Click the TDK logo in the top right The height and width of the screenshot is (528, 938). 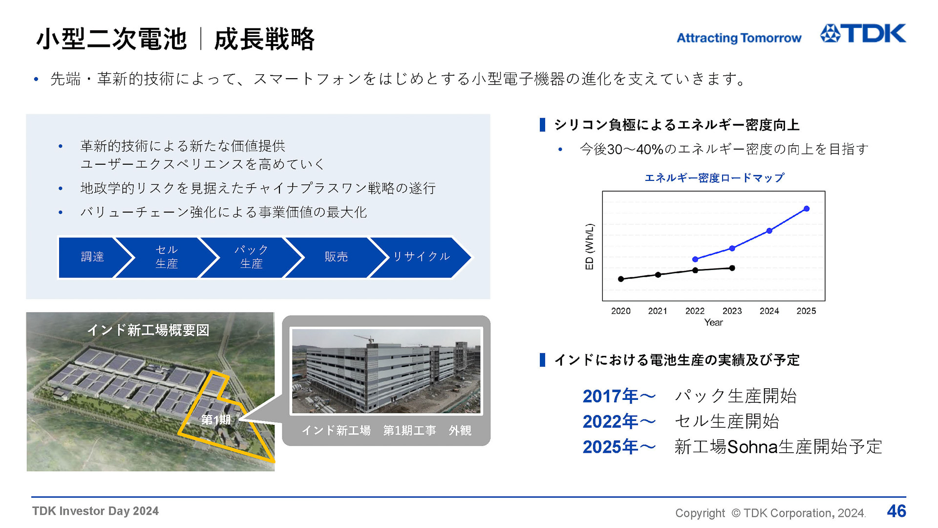[x=863, y=34]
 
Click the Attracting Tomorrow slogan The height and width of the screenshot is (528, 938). [x=738, y=38]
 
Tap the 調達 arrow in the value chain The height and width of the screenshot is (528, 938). [x=92, y=257]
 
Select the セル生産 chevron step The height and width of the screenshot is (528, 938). [x=167, y=257]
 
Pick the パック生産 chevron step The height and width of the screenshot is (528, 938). [x=251, y=257]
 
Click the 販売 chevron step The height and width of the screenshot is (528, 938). [x=336, y=257]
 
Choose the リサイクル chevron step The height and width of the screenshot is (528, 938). [x=421, y=257]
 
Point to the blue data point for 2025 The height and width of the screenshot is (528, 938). [x=807, y=209]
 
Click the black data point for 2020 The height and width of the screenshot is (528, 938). [x=621, y=279]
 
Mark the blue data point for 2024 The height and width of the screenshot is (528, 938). [x=769, y=231]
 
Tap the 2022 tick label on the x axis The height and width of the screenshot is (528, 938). [x=695, y=311]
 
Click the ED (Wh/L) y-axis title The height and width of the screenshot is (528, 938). [x=590, y=247]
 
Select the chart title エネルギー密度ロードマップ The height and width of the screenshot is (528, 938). [x=714, y=178]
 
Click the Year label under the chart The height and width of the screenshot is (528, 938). [x=713, y=323]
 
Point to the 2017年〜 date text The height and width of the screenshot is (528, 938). [x=618, y=396]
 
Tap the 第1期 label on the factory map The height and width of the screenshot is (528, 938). [x=215, y=419]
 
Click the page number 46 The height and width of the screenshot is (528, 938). [x=896, y=511]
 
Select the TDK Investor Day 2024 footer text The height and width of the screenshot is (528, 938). [x=95, y=511]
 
